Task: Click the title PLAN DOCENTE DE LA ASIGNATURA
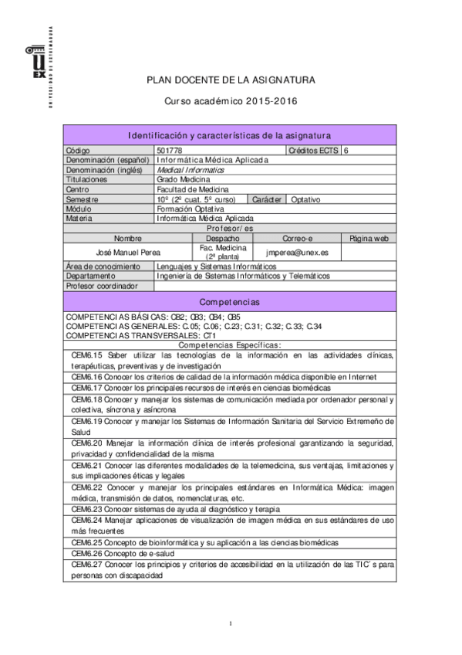click(231, 80)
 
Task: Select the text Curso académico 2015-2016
click(231, 101)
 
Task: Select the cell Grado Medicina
click(183, 179)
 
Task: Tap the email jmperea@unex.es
click(297, 252)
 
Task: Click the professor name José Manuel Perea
click(128, 252)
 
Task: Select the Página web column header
click(369, 239)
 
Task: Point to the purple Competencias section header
click(230, 301)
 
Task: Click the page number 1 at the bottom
click(231, 623)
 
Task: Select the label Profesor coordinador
click(102, 286)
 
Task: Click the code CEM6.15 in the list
click(86, 355)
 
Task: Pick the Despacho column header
click(222, 239)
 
